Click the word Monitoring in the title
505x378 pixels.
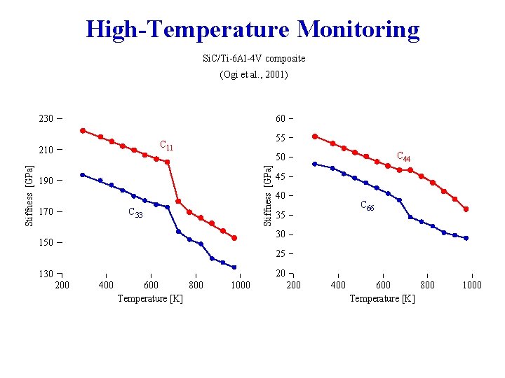(358, 30)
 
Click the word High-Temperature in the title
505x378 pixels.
(188, 30)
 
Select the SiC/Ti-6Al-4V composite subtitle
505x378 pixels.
(253, 59)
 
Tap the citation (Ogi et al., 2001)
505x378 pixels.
(253, 74)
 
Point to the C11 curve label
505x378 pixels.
(166, 146)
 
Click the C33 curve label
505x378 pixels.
(135, 213)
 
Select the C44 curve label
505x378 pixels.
(404, 157)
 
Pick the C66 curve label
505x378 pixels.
(367, 206)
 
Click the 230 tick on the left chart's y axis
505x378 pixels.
(46, 119)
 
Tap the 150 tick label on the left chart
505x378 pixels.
(46, 243)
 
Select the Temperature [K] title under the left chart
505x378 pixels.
(150, 299)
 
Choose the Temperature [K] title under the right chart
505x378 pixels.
(383, 299)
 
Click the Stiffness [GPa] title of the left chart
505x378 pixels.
(29, 196)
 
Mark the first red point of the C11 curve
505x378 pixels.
(83, 131)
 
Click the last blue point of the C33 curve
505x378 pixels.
(234, 267)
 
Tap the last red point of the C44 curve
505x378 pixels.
(466, 209)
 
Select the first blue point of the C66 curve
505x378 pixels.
(315, 164)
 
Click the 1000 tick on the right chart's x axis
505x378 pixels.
(471, 285)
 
